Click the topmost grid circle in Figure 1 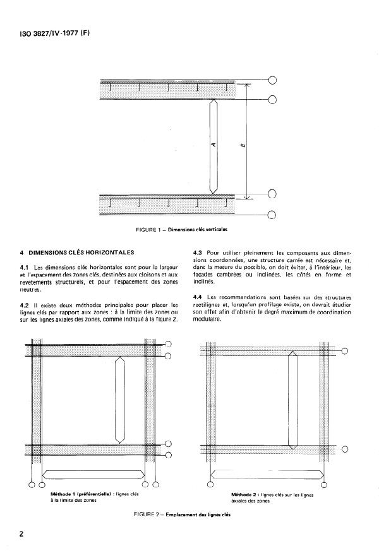pos(273,80)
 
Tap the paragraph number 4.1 pos(27,268)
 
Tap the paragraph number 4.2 pos(27,305)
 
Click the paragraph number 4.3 pos(196,253)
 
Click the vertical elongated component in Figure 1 pos(214,146)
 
